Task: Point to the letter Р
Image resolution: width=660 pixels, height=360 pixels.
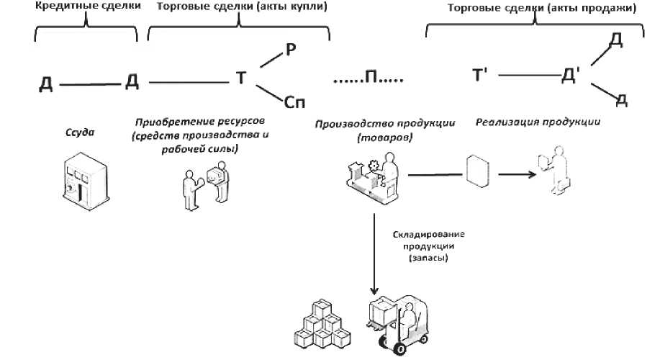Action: [291, 49]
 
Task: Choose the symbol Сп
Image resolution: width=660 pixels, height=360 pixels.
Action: [295, 102]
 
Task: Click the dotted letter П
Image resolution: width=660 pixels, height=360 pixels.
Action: [371, 77]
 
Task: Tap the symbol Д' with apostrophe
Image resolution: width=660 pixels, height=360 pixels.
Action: [570, 76]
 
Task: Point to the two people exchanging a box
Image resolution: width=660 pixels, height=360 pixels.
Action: [206, 184]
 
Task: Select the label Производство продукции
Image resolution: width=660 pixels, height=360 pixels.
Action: [385, 123]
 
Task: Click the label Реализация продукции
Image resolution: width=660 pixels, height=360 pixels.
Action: [538, 122]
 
